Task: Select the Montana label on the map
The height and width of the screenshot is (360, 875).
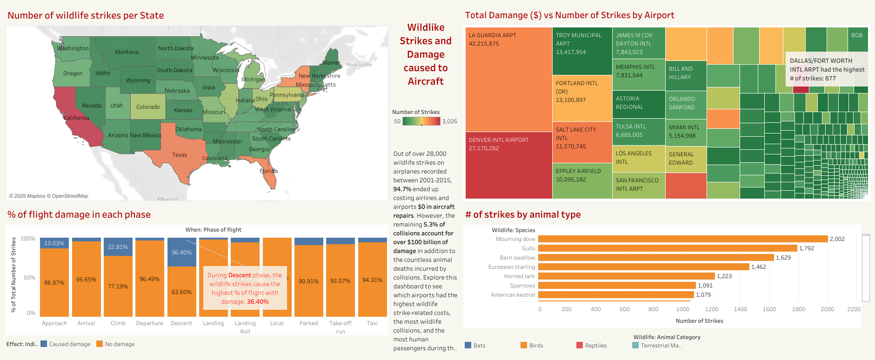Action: (x=127, y=52)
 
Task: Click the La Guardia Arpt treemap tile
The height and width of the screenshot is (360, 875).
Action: (x=508, y=79)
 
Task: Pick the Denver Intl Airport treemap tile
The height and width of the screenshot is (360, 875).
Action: (x=508, y=165)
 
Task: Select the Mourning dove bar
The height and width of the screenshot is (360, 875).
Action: (x=683, y=239)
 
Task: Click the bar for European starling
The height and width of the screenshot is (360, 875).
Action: (x=644, y=267)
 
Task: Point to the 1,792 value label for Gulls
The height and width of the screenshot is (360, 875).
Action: (x=807, y=248)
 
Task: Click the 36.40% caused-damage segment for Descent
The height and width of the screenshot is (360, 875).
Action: (x=181, y=253)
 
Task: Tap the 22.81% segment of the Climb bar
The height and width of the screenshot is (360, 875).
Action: (x=118, y=247)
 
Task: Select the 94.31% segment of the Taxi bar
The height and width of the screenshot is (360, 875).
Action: (x=372, y=280)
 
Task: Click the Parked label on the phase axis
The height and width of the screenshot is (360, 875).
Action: (x=309, y=323)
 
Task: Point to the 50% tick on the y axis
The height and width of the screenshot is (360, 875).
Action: (x=29, y=278)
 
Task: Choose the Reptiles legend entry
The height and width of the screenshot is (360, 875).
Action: (x=595, y=346)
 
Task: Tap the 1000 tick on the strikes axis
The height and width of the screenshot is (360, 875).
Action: (x=682, y=309)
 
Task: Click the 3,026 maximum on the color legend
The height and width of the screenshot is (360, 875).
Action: (x=449, y=121)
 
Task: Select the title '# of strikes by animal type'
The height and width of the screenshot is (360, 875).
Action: (x=523, y=214)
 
